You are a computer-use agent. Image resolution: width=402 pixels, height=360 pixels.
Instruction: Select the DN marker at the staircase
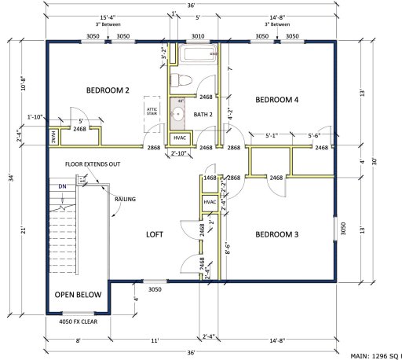[63, 186]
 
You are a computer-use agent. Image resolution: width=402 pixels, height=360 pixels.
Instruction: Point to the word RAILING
[125, 200]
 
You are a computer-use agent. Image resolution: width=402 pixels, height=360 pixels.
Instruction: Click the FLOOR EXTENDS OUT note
[92, 164]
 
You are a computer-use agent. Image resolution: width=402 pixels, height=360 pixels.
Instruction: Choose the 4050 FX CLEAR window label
[79, 321]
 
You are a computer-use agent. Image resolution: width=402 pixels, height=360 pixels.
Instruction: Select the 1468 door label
[210, 178]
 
